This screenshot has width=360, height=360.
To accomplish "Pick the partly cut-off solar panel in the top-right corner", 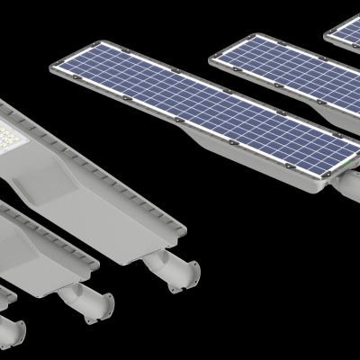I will click(346, 31).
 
